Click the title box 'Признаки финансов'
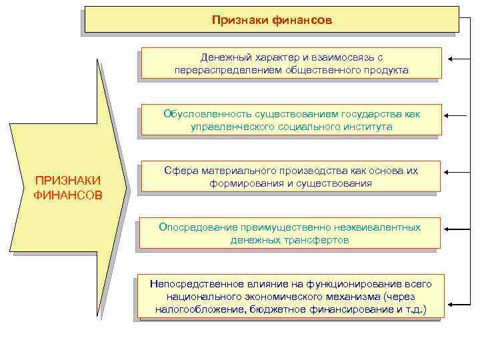click(x=271, y=20)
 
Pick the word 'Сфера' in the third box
click(x=178, y=171)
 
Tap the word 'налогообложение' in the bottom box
click(x=196, y=309)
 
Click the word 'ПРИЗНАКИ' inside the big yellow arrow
click(x=68, y=181)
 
